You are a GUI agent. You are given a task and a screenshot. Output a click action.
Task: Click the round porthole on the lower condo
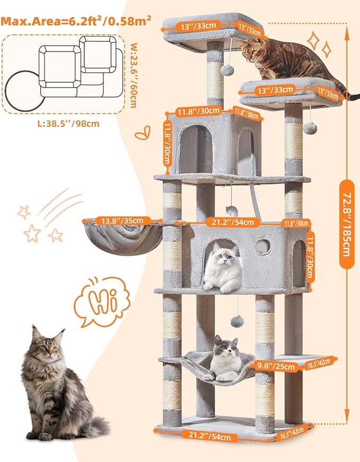262,246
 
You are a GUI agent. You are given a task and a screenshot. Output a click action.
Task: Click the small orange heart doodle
142,134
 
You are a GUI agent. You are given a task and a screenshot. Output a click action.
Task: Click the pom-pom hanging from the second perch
310,128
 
